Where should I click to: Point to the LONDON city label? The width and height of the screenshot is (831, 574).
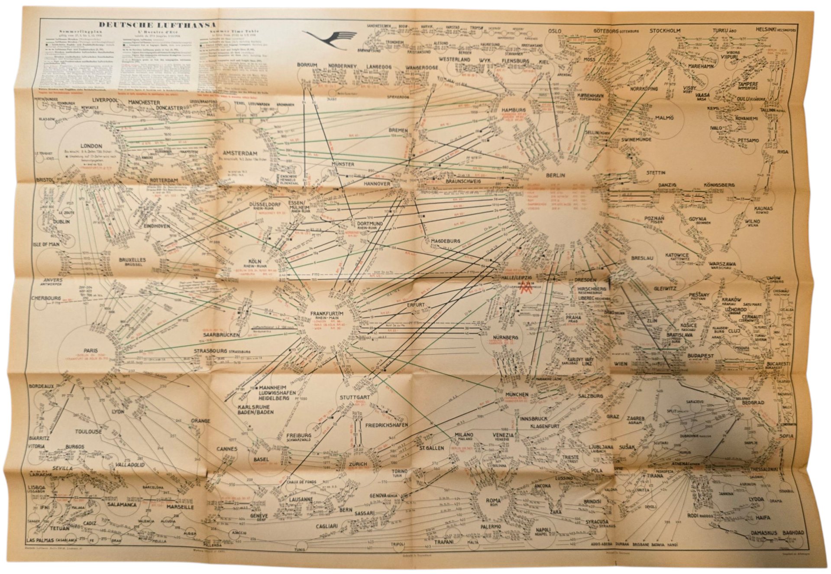(91, 146)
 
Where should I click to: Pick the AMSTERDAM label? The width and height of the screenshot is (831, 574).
(240, 153)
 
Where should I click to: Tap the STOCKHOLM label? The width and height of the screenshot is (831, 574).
(665, 31)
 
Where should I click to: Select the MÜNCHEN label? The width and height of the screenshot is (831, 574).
(517, 394)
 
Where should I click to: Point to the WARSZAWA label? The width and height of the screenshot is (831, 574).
(723, 263)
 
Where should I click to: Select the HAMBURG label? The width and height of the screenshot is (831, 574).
(513, 110)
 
